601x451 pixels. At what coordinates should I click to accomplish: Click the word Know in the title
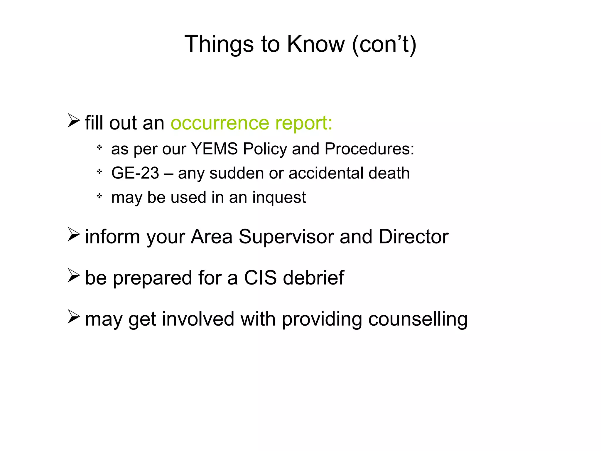315,44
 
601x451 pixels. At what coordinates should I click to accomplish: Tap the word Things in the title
219,44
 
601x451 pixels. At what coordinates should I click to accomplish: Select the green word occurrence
220,123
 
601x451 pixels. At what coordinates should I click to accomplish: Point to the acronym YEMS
214,149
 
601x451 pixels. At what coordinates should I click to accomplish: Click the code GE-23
135,173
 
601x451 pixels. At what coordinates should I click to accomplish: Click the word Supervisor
286,237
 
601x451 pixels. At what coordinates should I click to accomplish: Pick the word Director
413,237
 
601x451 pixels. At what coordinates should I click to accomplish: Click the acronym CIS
260,278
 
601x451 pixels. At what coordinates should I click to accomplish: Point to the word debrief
313,278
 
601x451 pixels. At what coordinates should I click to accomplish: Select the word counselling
418,319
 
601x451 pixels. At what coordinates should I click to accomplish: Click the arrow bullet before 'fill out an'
73,120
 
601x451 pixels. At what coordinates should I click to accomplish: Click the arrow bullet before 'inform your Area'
73,234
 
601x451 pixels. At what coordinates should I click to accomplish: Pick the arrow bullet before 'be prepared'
73,275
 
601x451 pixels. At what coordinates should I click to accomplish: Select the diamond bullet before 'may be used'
99,195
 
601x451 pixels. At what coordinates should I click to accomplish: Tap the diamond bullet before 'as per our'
99,147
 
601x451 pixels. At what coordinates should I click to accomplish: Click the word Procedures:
369,149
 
